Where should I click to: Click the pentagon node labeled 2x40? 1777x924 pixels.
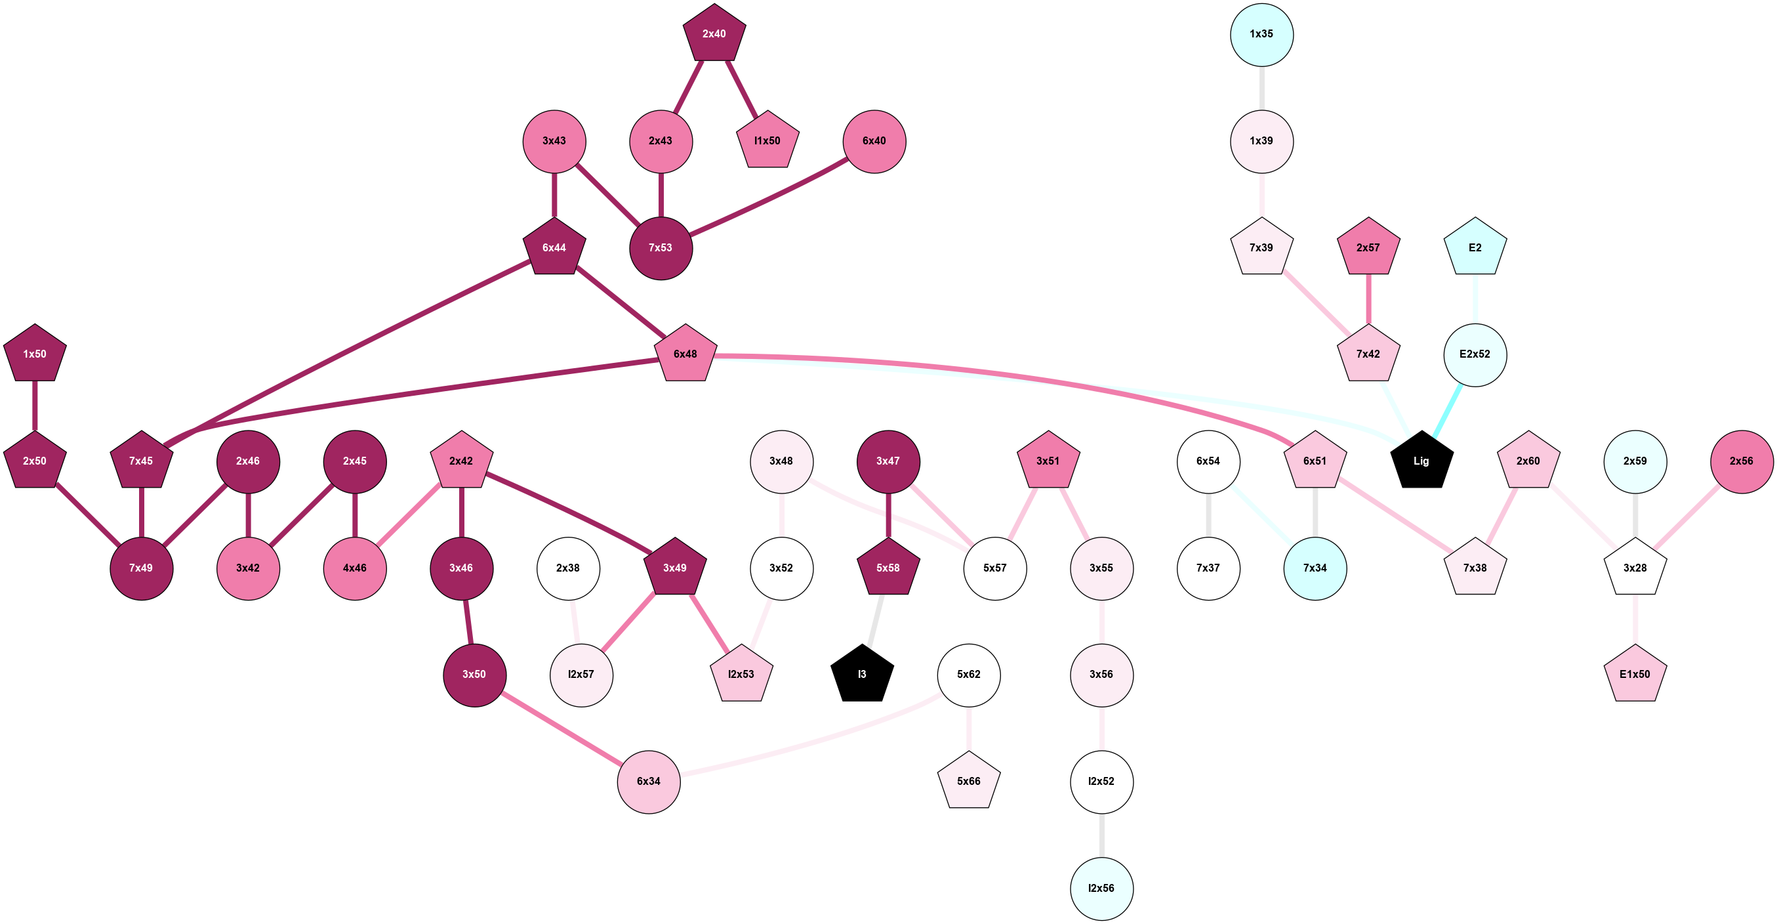714,34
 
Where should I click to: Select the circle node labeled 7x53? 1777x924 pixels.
661,247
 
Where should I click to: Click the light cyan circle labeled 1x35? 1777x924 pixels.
1261,35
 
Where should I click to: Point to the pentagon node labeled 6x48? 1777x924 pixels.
685,354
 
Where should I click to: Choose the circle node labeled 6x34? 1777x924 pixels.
649,781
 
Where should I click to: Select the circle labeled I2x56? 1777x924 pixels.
1101,888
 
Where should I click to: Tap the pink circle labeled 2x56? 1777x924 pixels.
1741,461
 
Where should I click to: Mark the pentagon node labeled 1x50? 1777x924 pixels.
35,354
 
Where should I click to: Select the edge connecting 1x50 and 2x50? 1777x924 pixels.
35,407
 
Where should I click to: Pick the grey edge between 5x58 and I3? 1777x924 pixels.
876,620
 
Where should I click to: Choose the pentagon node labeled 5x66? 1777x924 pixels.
968,781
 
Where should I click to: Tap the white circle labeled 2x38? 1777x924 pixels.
567,568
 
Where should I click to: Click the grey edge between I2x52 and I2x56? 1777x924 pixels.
1101,835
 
